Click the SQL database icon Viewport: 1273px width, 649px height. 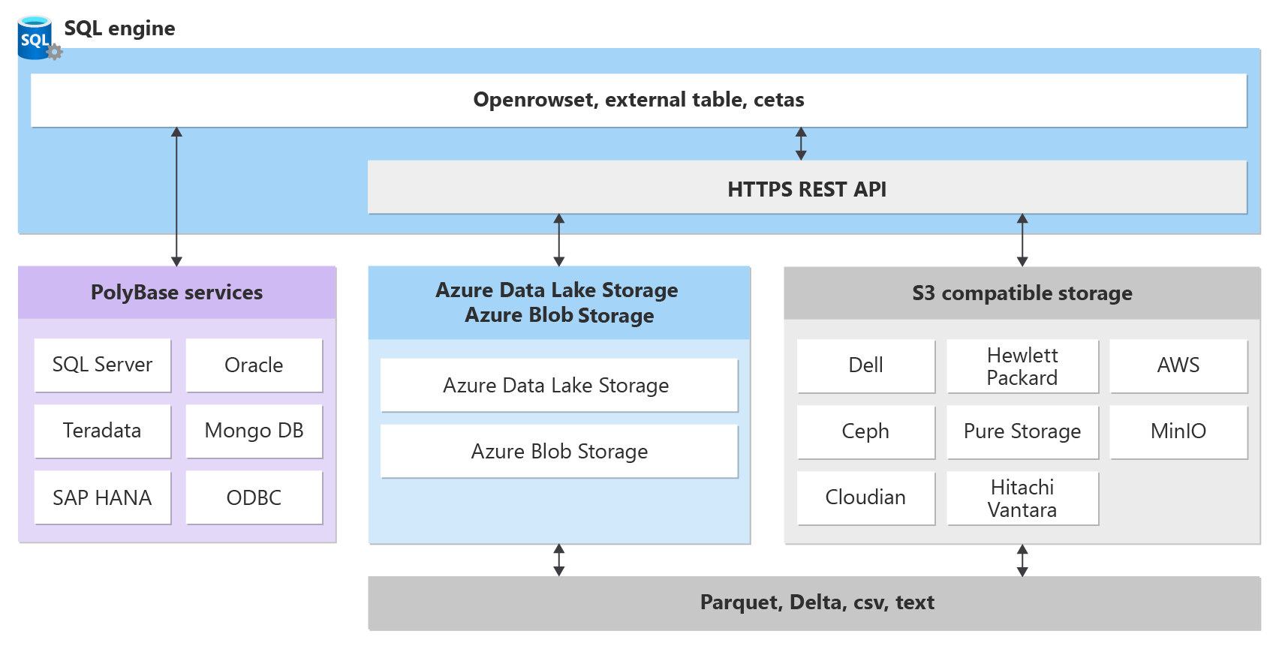click(35, 38)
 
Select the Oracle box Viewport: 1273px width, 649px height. click(254, 365)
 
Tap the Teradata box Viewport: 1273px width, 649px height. click(102, 431)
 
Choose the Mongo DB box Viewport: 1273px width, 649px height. click(254, 431)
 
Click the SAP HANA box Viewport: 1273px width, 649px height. click(102, 497)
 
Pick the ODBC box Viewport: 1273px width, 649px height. click(254, 497)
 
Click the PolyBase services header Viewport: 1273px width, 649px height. click(177, 293)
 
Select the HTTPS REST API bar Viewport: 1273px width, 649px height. click(807, 188)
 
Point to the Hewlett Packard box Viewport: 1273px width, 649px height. click(1022, 366)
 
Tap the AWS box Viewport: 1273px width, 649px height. click(1178, 365)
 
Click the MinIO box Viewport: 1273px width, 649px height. click(1178, 431)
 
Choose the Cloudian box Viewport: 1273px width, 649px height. click(865, 497)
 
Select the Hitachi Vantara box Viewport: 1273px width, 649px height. click(1022, 498)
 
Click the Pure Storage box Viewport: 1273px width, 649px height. click(1022, 431)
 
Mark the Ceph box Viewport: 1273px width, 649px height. click(865, 431)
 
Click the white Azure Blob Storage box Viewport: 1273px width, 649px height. click(559, 452)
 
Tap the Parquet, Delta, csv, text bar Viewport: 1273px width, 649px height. click(816, 602)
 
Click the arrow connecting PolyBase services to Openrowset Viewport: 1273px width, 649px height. click(176, 197)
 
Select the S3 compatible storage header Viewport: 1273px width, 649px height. click(1022, 293)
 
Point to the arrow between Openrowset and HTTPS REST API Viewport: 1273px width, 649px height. click(801, 143)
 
